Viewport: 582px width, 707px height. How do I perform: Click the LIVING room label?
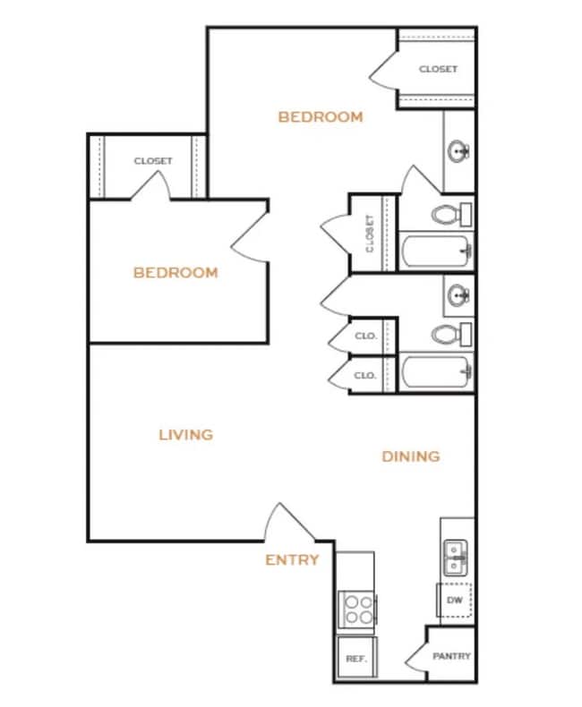click(x=186, y=435)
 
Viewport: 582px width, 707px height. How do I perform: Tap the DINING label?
click(x=411, y=456)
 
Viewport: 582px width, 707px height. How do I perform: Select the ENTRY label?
click(x=292, y=560)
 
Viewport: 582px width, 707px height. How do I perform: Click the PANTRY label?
click(x=451, y=656)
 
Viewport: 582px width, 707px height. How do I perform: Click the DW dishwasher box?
click(x=454, y=600)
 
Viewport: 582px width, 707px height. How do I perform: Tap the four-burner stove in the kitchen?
click(x=358, y=609)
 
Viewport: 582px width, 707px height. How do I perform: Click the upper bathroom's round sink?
click(x=459, y=151)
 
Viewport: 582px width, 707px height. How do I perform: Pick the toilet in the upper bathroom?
click(x=450, y=215)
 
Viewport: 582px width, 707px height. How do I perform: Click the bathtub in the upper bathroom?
click(x=436, y=251)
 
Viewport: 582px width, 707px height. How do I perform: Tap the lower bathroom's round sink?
click(x=459, y=294)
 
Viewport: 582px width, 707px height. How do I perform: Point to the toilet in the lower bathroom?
click(x=450, y=336)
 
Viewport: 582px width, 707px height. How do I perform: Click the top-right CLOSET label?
click(x=438, y=69)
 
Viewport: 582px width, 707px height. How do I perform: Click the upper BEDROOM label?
click(x=320, y=116)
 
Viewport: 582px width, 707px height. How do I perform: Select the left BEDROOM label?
click(x=175, y=272)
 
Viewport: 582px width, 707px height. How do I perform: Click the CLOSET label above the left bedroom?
click(x=153, y=161)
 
